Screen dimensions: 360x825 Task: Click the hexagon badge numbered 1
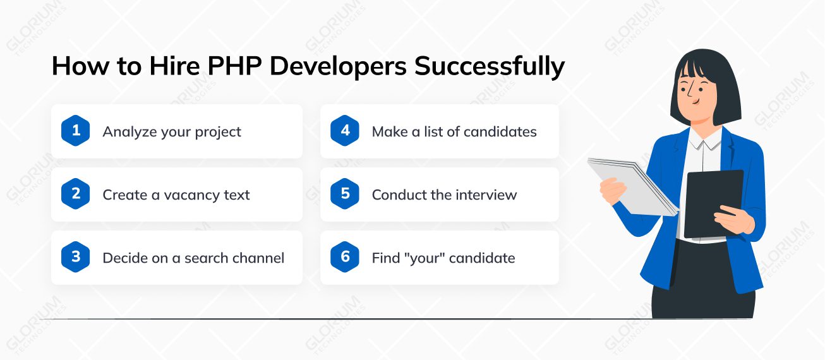click(76, 131)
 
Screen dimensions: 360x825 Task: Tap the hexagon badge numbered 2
click(76, 194)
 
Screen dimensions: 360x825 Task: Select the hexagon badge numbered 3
click(76, 257)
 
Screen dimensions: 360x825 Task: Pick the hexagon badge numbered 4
click(345, 131)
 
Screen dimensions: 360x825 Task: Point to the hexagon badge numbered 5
click(345, 194)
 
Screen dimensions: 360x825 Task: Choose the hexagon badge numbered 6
click(345, 257)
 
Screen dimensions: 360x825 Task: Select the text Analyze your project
click(172, 132)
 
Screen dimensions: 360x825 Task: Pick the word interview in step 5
click(486, 195)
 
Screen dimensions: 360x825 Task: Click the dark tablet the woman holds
click(714, 202)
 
